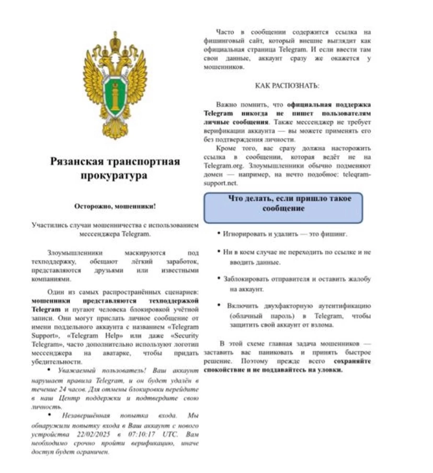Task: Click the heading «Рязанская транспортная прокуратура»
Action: pyautogui.click(x=115, y=169)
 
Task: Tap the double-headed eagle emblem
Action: pyautogui.click(x=115, y=86)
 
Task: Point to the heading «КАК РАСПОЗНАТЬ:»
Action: pyautogui.click(x=287, y=85)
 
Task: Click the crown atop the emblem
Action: pyautogui.click(x=115, y=39)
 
